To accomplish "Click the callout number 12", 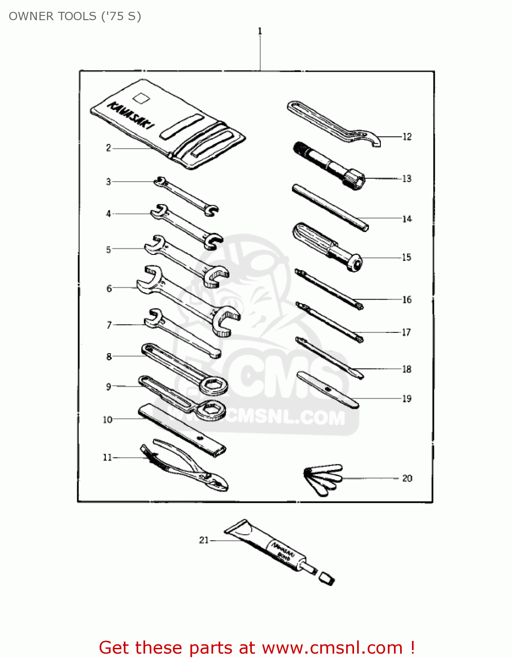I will coord(407,137).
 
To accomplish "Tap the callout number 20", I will coord(407,478).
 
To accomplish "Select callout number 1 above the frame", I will coord(260,31).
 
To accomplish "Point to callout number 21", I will coord(204,540).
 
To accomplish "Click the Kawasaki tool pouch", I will coord(167,125).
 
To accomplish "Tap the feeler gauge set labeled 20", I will coord(323,479).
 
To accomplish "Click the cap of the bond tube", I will coord(326,578).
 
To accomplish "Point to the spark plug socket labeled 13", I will coord(329,164).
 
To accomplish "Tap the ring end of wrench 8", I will coord(213,386).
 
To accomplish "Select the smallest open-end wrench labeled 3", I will coord(186,196).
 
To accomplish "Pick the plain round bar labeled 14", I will coord(330,207).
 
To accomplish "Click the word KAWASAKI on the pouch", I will coord(131,117).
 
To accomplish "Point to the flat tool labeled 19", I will coord(327,390).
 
